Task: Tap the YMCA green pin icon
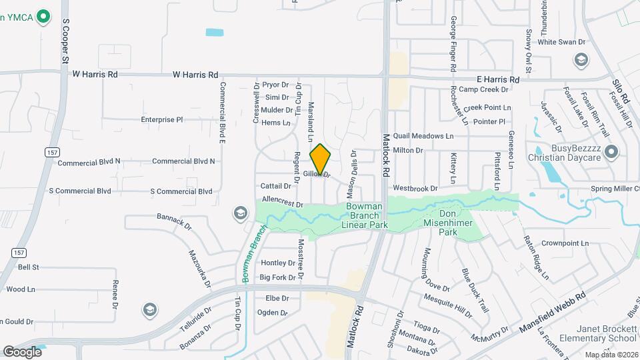pos(44,16)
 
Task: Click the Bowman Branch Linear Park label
pos(365,216)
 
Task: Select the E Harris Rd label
pos(493,79)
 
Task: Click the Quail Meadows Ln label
pos(423,136)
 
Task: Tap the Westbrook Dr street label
pos(415,189)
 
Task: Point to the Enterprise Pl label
pos(161,120)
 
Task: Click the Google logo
pos(22,351)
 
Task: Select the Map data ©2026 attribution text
pos(611,355)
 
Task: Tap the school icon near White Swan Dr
pos(581,61)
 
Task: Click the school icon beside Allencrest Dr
pos(239,213)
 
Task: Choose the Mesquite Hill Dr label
pos(447,302)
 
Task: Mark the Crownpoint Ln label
pos(565,243)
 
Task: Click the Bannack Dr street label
pos(174,217)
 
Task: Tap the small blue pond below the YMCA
pos(215,32)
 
